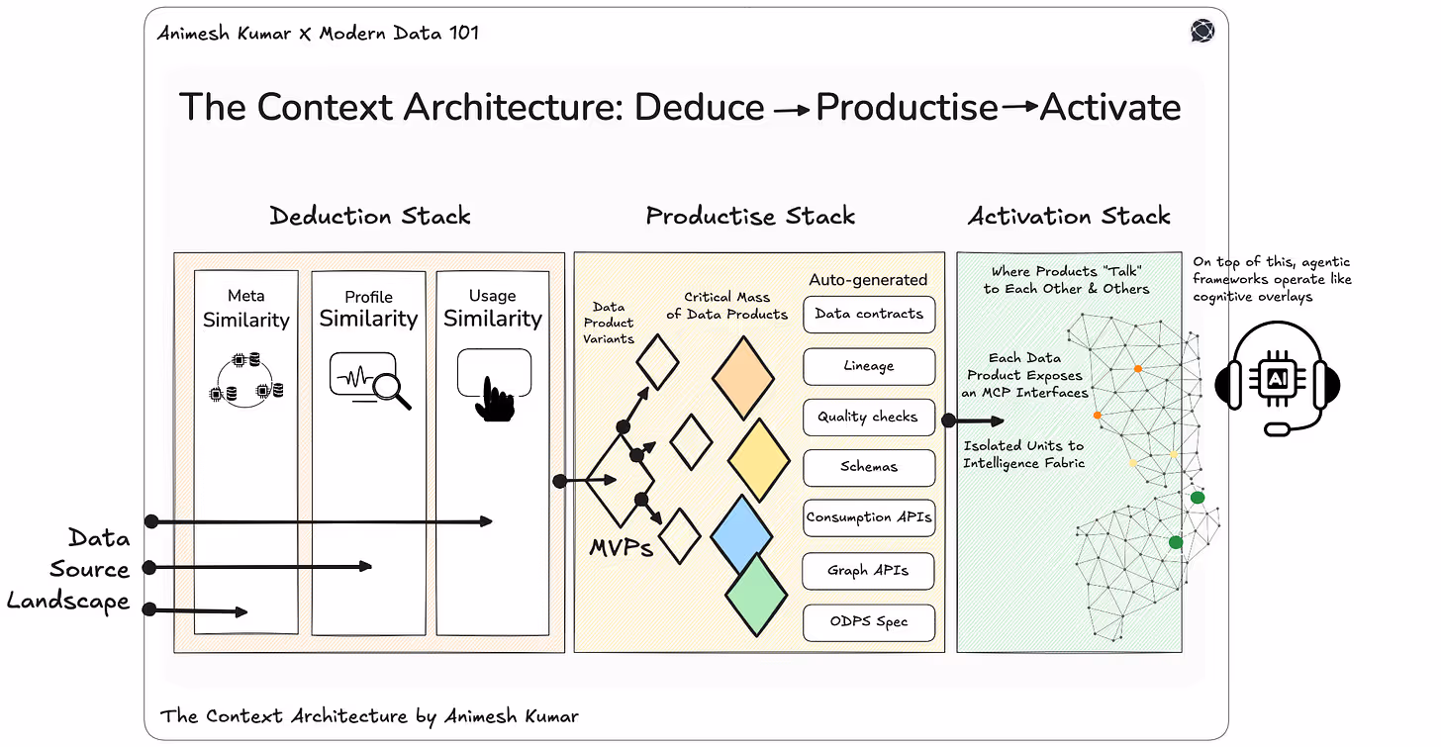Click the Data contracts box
pyautogui.click(x=869, y=315)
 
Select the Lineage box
pyautogui.click(x=869, y=366)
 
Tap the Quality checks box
pyautogui.click(x=868, y=417)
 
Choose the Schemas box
pyautogui.click(x=869, y=467)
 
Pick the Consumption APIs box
pyautogui.click(x=869, y=517)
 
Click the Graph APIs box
pyautogui.click(x=868, y=570)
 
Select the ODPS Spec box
pyautogui.click(x=868, y=622)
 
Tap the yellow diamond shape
pyautogui.click(x=759, y=460)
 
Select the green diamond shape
pyautogui.click(x=756, y=595)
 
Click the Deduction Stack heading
pyautogui.click(x=370, y=216)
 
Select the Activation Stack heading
pyautogui.click(x=1069, y=216)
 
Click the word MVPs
pyautogui.click(x=621, y=547)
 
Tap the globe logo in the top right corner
pyautogui.click(x=1202, y=32)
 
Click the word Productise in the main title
pyautogui.click(x=907, y=107)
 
